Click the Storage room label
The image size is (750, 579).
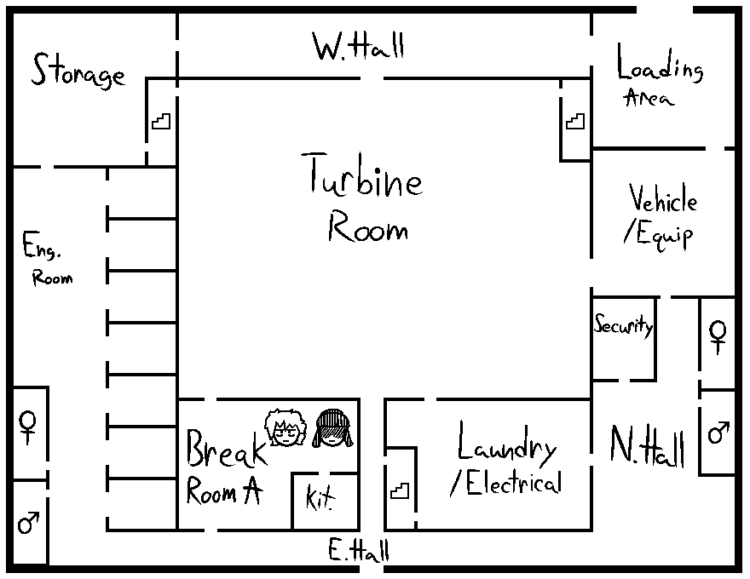(78, 72)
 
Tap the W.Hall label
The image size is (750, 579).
(358, 46)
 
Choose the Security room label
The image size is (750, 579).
(623, 325)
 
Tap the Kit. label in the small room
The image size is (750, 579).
(320, 498)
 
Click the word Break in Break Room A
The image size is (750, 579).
(225, 449)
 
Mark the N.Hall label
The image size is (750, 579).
(648, 446)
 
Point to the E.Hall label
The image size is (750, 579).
(359, 551)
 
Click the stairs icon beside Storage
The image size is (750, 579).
(161, 121)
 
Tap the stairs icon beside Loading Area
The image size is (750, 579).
(575, 121)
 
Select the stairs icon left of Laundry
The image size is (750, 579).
(400, 490)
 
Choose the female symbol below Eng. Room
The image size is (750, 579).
(29, 426)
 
